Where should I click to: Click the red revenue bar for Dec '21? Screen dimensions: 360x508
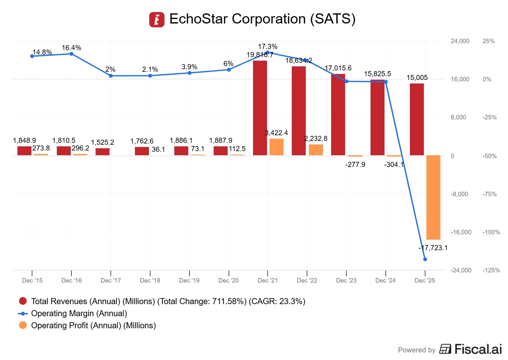[260, 108]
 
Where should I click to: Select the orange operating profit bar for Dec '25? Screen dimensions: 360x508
[433, 197]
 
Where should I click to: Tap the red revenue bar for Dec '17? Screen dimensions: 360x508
[103, 152]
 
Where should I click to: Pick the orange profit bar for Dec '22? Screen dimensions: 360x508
[316, 150]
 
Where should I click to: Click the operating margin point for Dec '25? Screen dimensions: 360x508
[425, 259]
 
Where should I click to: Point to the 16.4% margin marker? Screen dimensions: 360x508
[71, 54]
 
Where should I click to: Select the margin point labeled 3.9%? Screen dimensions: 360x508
[190, 73]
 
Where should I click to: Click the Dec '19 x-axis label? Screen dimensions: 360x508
[189, 280]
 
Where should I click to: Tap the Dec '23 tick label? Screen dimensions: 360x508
[346, 280]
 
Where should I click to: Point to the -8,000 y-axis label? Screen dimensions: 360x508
[459, 194]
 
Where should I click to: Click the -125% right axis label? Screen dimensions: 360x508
[491, 270]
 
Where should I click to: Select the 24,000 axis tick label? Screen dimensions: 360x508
[460, 41]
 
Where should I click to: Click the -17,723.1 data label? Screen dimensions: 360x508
[433, 248]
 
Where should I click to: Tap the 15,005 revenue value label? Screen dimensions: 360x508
[417, 77]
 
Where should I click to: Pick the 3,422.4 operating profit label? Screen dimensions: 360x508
[276, 133]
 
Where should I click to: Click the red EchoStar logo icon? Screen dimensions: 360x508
[157, 20]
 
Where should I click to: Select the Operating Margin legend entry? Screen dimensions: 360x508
[79, 313]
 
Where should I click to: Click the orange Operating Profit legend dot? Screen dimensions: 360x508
[23, 325]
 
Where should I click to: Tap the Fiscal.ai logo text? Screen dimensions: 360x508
[478, 349]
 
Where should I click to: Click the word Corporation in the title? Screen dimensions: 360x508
[269, 19]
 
